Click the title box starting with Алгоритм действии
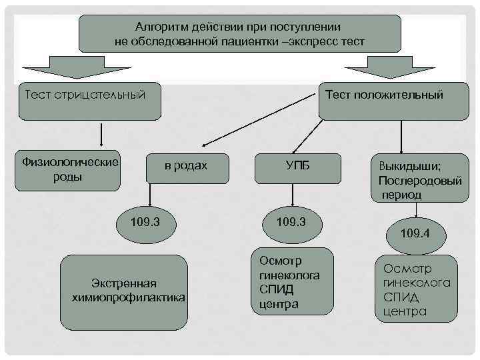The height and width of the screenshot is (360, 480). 240,34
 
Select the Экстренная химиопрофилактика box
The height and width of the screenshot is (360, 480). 124,292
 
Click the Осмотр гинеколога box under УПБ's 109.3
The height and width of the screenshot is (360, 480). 291,281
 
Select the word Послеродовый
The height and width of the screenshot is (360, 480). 419,181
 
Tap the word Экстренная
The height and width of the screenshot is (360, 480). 124,285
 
